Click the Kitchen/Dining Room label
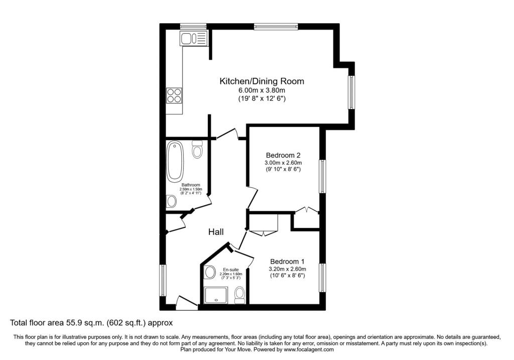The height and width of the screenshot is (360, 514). click(262, 81)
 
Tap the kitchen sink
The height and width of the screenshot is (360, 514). click(194, 38)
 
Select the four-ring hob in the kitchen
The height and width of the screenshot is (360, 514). click(174, 95)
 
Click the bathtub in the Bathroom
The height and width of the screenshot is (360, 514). click(175, 161)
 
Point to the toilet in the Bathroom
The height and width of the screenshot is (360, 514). click(197, 150)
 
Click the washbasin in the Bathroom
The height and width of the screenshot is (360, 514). click(171, 201)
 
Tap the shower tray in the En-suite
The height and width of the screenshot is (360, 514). click(216, 295)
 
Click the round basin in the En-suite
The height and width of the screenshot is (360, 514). click(209, 272)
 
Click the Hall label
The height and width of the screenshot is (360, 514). click(216, 232)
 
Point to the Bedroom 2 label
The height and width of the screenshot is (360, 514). click(283, 155)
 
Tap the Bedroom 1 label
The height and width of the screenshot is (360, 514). click(287, 262)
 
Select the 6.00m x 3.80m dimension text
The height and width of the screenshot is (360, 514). click(262, 91)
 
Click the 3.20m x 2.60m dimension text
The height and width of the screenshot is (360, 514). click(287, 269)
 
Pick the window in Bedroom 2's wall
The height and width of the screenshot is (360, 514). click(323, 176)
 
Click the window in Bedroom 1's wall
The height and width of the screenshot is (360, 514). click(323, 278)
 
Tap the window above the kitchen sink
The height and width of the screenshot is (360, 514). click(193, 27)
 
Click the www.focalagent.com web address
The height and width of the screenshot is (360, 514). click(309, 349)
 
